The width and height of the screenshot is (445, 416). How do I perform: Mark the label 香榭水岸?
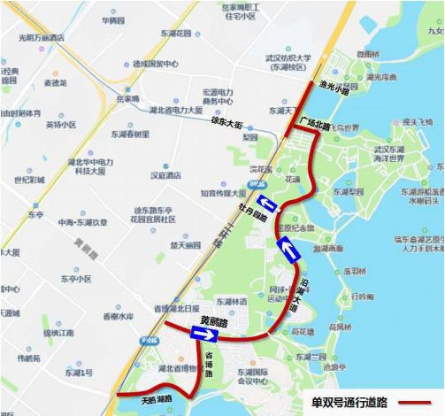tap(117, 316)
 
